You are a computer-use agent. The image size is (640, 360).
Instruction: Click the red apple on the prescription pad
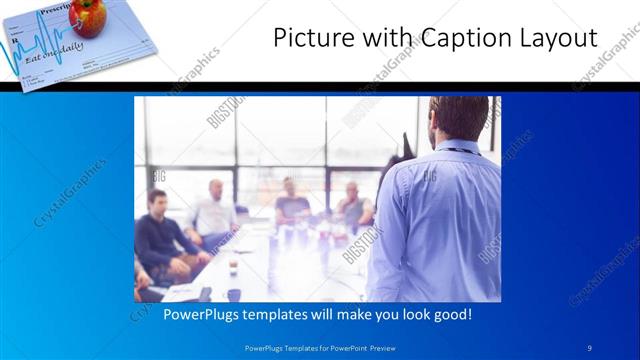(x=88, y=16)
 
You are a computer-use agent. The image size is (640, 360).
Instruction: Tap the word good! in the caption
(x=451, y=314)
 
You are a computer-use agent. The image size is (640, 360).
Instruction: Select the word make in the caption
(x=349, y=314)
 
